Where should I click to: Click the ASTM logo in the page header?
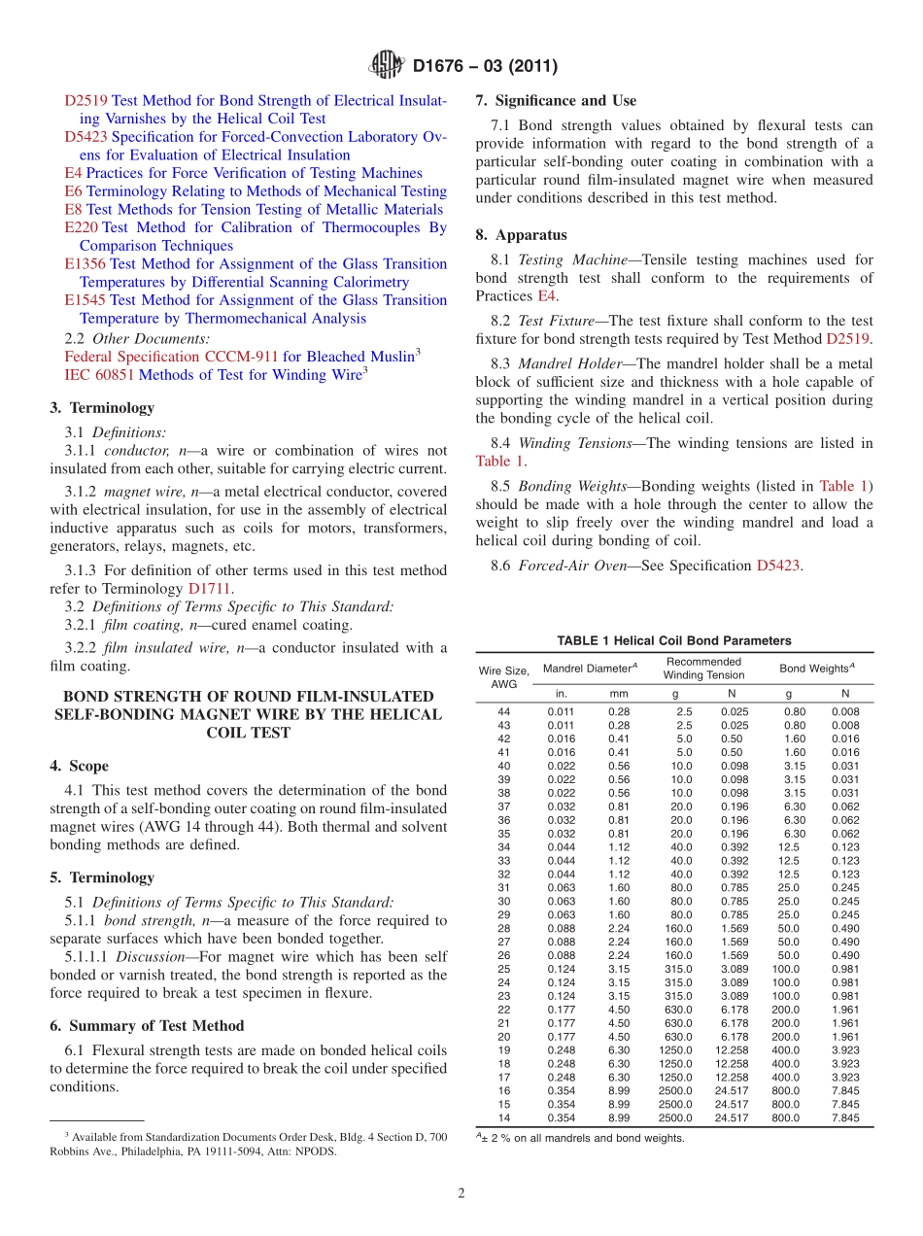click(388, 66)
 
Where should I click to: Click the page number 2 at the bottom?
click(461, 1193)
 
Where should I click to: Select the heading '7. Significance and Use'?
click(556, 101)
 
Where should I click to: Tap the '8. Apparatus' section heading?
click(521, 235)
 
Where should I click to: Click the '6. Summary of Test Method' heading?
click(147, 1026)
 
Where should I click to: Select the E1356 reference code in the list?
click(85, 264)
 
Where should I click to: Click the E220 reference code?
click(81, 227)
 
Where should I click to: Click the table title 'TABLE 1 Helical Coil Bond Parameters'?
click(673, 640)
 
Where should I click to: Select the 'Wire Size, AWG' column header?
click(503, 677)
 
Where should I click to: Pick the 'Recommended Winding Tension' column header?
click(702, 669)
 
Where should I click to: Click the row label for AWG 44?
click(503, 712)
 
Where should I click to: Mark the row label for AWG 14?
click(503, 1118)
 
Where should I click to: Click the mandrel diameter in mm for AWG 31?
click(619, 888)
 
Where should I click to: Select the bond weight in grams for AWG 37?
click(794, 807)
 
